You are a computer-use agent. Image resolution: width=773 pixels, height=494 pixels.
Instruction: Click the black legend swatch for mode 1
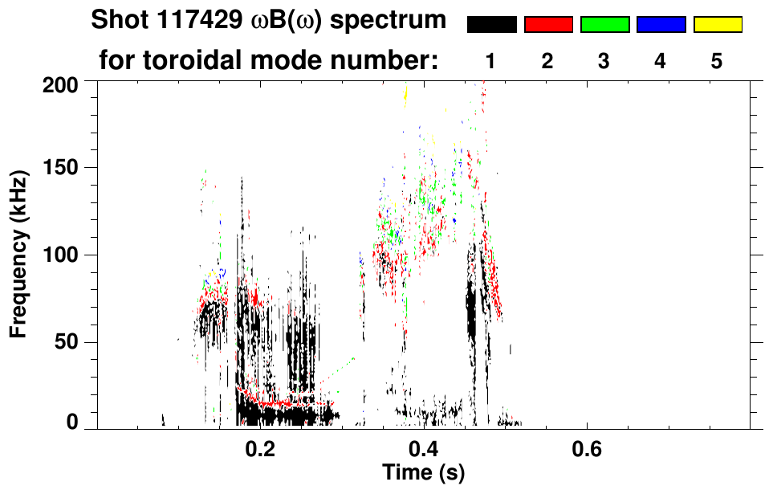(x=491, y=25)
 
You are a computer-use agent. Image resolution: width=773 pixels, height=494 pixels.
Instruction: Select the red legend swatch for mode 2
(x=548, y=25)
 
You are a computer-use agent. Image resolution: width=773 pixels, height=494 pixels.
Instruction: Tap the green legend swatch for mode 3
(x=604, y=25)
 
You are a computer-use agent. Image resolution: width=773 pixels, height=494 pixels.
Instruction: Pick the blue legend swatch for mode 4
(x=661, y=25)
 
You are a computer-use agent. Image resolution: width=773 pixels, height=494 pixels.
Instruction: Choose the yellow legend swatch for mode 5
(x=718, y=25)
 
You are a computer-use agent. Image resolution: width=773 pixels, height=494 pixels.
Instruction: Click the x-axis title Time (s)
(x=423, y=474)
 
